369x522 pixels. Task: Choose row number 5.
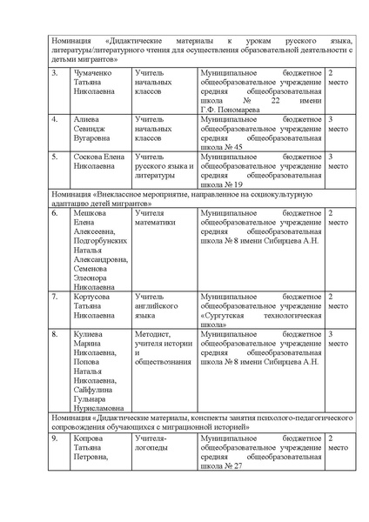click(54, 157)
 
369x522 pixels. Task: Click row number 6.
click(54, 212)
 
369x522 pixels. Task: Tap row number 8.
click(54, 333)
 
